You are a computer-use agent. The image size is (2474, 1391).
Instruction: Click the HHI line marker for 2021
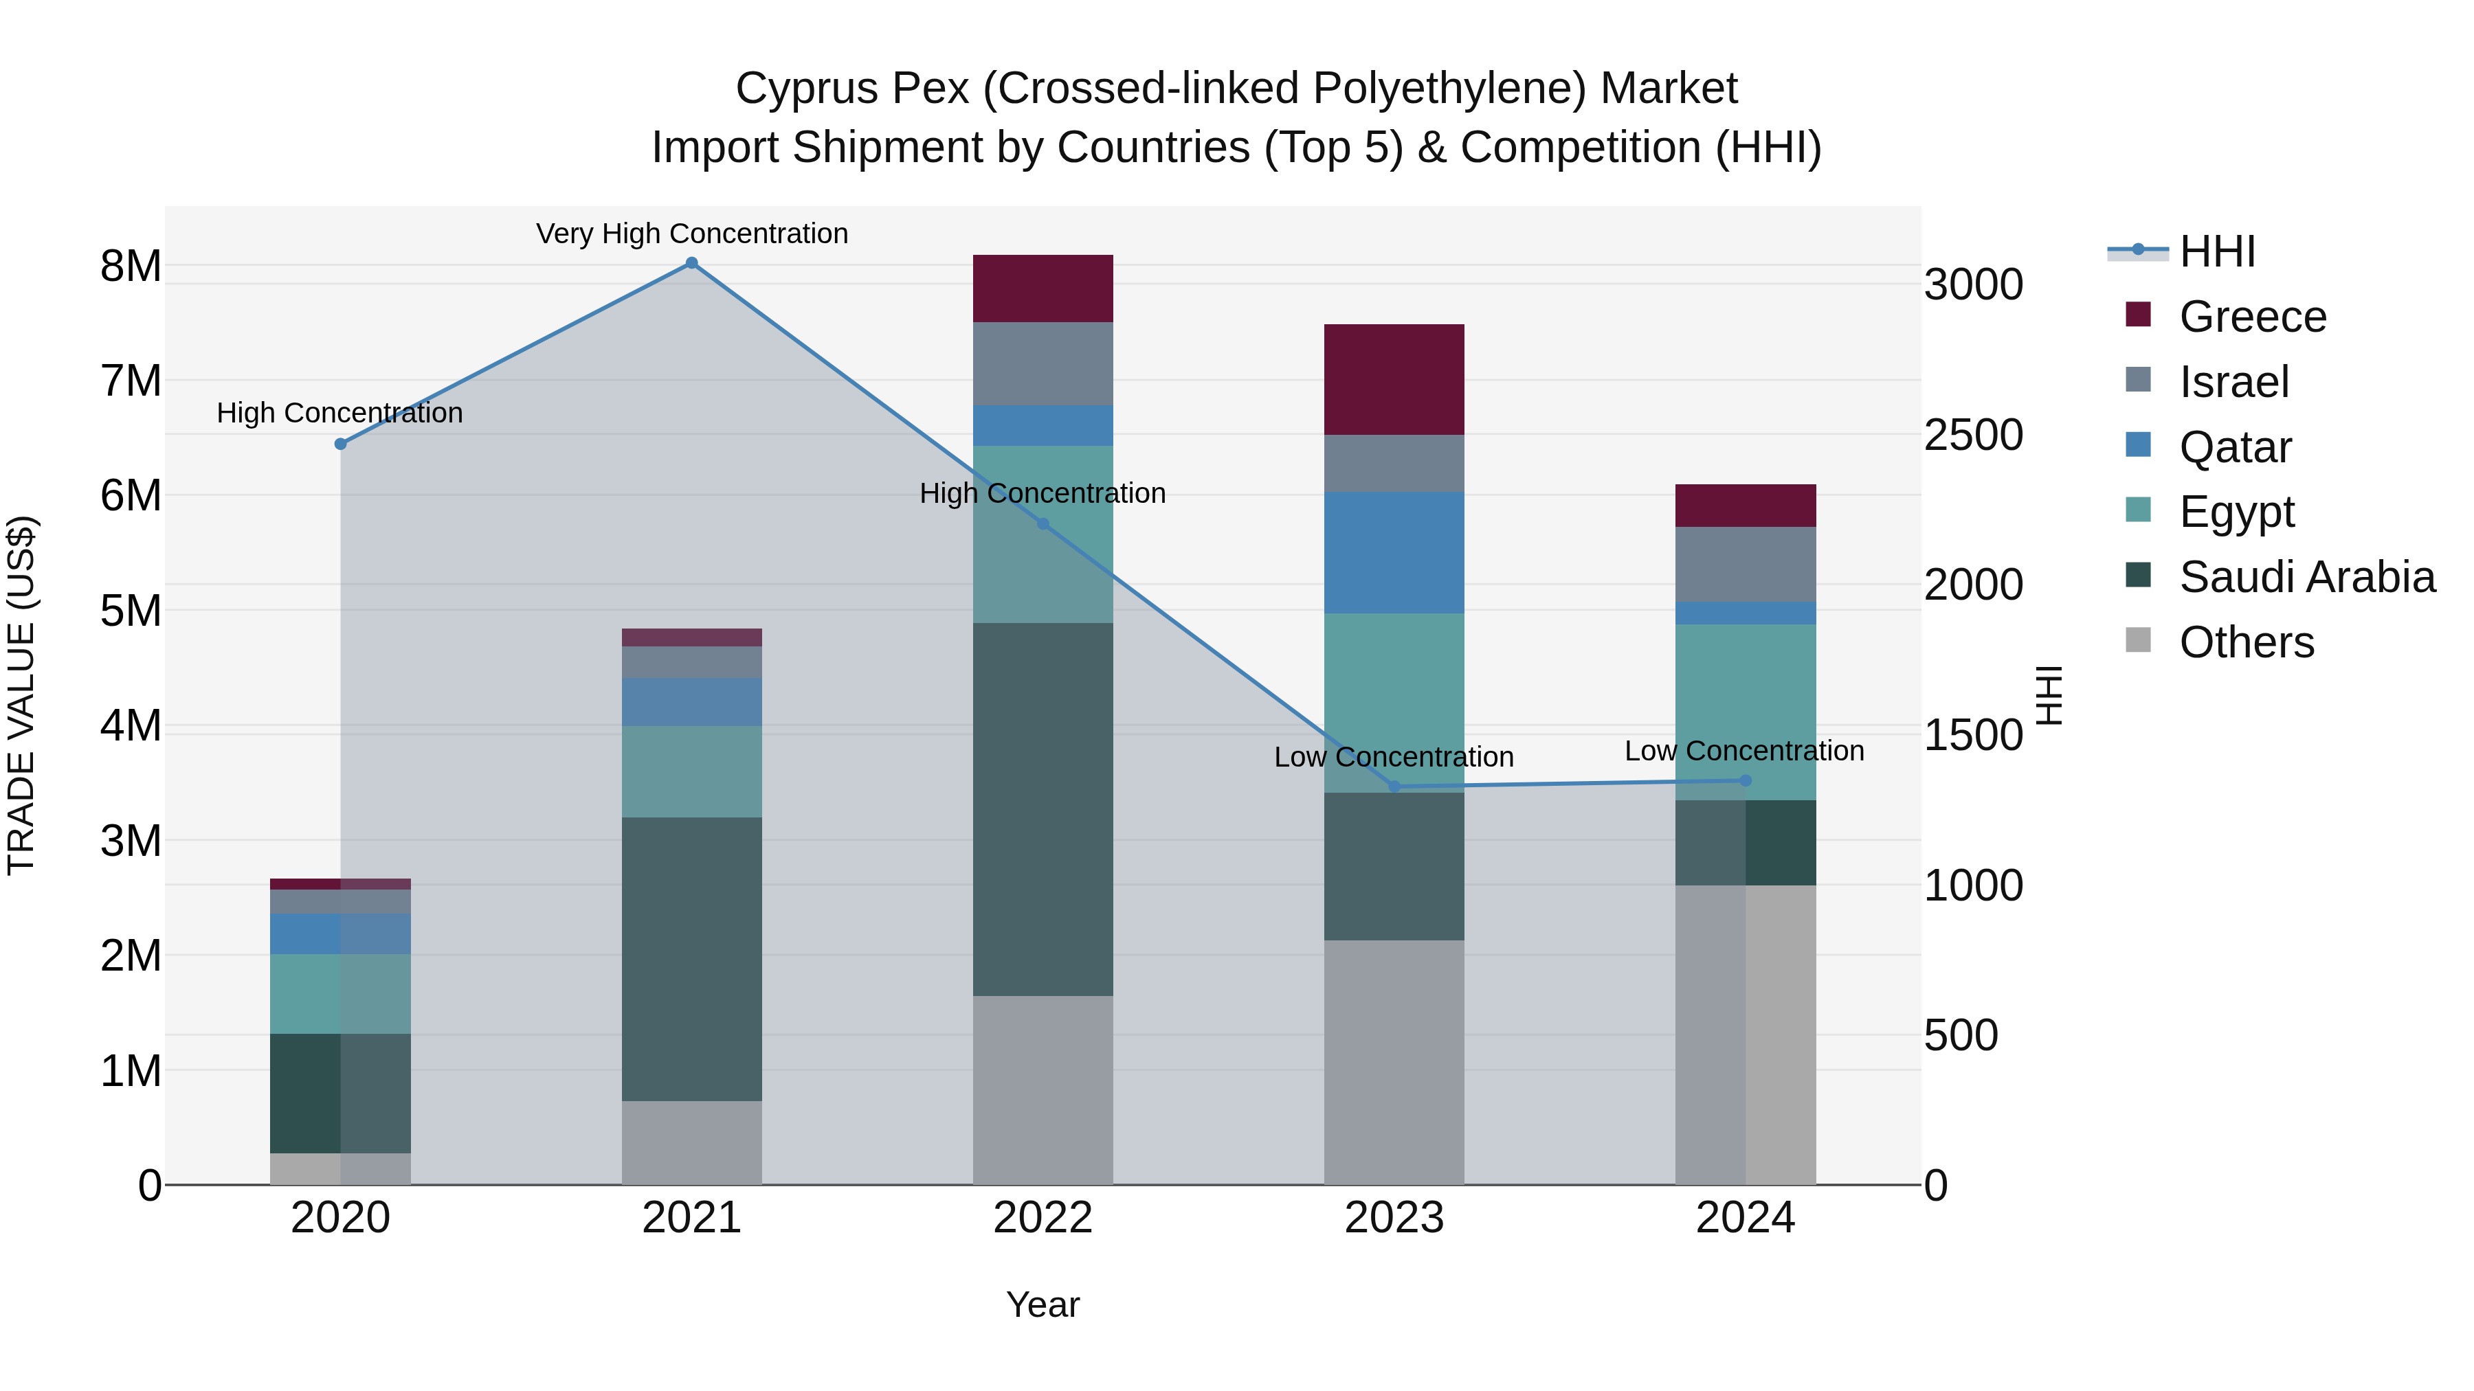click(x=691, y=263)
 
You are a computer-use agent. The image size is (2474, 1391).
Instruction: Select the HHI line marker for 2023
click(x=1394, y=787)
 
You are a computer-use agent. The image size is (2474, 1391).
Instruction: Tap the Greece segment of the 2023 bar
click(x=1394, y=379)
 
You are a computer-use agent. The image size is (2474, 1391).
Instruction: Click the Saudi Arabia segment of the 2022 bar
click(x=1043, y=808)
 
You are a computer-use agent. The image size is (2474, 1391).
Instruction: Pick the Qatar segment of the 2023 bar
click(x=1394, y=552)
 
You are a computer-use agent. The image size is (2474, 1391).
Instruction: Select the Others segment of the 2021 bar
click(x=691, y=1142)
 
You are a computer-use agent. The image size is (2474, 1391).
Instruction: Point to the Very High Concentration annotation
click(x=691, y=234)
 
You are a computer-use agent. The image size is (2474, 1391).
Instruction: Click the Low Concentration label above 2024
click(x=1744, y=751)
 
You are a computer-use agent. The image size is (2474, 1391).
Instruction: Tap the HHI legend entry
click(x=2216, y=251)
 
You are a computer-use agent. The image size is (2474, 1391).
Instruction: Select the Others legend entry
click(x=2247, y=642)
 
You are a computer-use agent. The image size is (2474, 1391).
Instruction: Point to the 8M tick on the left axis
click(x=131, y=266)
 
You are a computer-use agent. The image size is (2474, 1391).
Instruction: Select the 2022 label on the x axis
click(x=1043, y=1218)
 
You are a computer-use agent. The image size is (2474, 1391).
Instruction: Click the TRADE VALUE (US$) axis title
click(x=21, y=695)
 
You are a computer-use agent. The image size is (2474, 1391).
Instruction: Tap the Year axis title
click(x=1043, y=1304)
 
